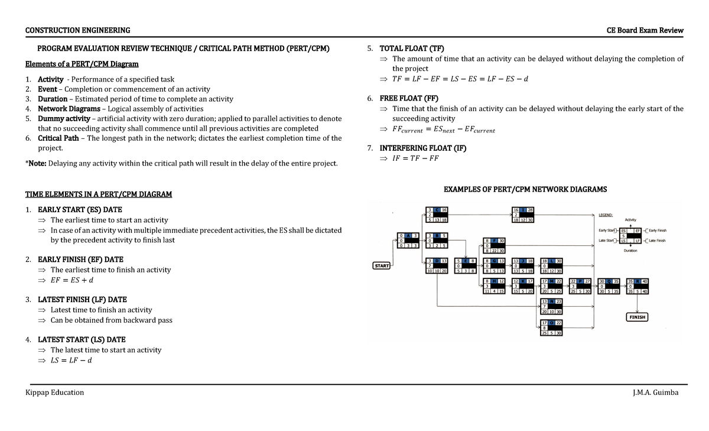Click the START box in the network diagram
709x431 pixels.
382,266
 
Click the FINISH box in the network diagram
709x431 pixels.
637,317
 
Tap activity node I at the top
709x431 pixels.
523,215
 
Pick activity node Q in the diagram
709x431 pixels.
609,286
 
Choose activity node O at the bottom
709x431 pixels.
552,328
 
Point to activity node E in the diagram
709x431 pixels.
465,266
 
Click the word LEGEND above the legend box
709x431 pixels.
606,215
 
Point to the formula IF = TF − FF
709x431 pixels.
415,158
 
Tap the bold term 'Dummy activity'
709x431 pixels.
64,118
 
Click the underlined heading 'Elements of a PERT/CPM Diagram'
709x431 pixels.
82,64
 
